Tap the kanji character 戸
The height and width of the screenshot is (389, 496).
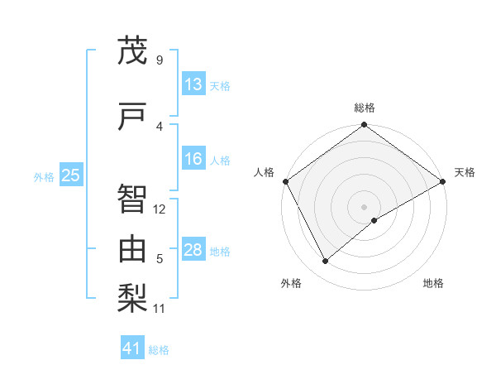pyautogui.click(x=132, y=118)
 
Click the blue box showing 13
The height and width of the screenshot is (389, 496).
pyautogui.click(x=193, y=85)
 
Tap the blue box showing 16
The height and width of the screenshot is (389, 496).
pyautogui.click(x=193, y=160)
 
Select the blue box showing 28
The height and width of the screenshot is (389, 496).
pyautogui.click(x=193, y=251)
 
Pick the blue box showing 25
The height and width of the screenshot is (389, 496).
pyautogui.click(x=70, y=175)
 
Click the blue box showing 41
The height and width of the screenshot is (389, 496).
pyautogui.click(x=132, y=349)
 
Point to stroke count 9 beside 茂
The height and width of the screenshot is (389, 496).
pyautogui.click(x=159, y=60)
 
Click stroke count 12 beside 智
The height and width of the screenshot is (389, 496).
pyautogui.click(x=160, y=209)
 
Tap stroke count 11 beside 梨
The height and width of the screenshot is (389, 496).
pyautogui.click(x=160, y=309)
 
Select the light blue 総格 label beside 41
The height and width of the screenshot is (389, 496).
pyautogui.click(x=159, y=350)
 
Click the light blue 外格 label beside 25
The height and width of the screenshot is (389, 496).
pyautogui.click(x=43, y=176)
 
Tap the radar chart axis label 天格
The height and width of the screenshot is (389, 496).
pyautogui.click(x=465, y=172)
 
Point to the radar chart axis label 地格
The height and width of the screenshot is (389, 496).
pyautogui.click(x=433, y=283)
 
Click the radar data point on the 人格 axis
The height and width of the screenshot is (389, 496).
pyautogui.click(x=286, y=181)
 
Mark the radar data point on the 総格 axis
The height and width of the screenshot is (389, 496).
pyautogui.click(x=364, y=126)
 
